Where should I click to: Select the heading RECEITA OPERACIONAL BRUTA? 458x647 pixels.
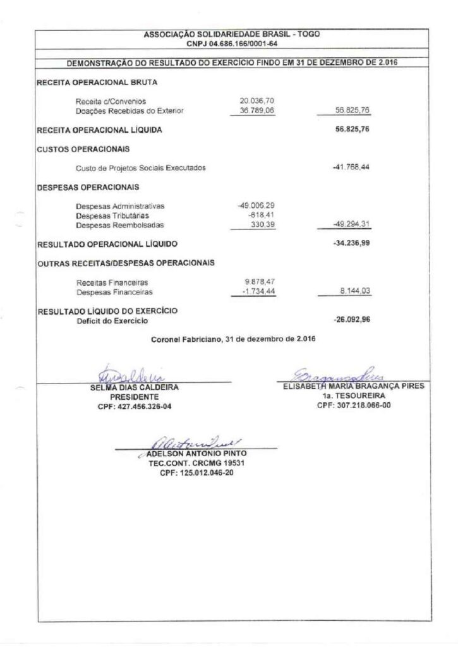[97, 82]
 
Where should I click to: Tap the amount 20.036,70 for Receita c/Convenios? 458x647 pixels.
[256, 101]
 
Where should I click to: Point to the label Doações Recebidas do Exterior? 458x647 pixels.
[129, 111]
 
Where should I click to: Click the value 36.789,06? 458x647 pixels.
[256, 111]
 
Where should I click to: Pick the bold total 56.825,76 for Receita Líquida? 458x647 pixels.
[353, 130]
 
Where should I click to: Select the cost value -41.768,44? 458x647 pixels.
[351, 167]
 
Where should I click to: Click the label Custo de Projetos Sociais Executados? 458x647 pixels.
[140, 168]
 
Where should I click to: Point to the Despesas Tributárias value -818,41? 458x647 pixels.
[260, 215]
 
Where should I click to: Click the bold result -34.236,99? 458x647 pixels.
[351, 243]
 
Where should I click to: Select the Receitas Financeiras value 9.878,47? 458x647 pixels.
[258, 282]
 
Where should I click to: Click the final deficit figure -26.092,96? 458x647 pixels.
[351, 320]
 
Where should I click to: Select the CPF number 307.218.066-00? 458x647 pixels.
[354, 406]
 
